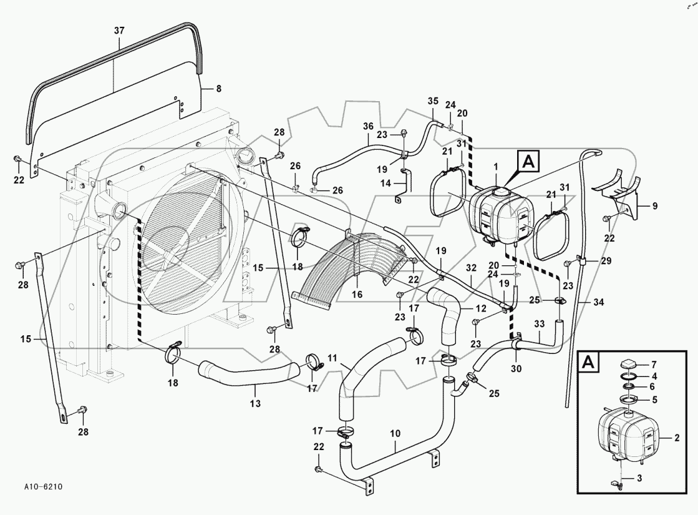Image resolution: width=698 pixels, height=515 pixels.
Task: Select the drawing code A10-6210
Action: click(x=44, y=486)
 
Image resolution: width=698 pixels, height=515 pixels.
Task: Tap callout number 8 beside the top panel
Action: click(x=218, y=89)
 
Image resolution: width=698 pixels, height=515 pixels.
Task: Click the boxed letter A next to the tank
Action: click(x=528, y=163)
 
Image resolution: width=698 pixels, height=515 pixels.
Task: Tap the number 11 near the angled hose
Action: click(x=332, y=358)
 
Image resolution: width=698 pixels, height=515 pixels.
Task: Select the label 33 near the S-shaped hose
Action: click(x=539, y=324)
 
